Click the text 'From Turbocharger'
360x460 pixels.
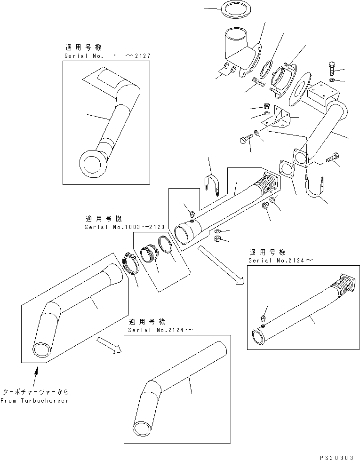tap(34, 401)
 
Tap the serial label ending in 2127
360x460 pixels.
tap(107, 56)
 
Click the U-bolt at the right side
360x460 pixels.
tap(314, 189)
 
